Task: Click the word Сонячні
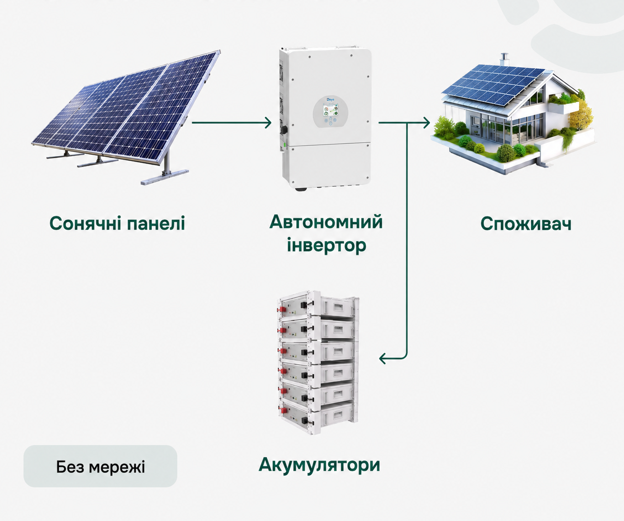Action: tap(85, 223)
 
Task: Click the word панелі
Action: tap(156, 223)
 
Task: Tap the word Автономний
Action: tap(326, 222)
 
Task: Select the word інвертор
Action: tap(327, 246)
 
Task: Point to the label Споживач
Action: tap(526, 224)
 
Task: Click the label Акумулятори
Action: tap(320, 465)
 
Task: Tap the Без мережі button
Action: tap(100, 466)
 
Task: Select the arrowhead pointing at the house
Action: tap(426, 123)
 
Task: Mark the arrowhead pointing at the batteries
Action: tap(383, 358)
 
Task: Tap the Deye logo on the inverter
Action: tap(330, 99)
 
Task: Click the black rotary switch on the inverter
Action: tap(284, 130)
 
